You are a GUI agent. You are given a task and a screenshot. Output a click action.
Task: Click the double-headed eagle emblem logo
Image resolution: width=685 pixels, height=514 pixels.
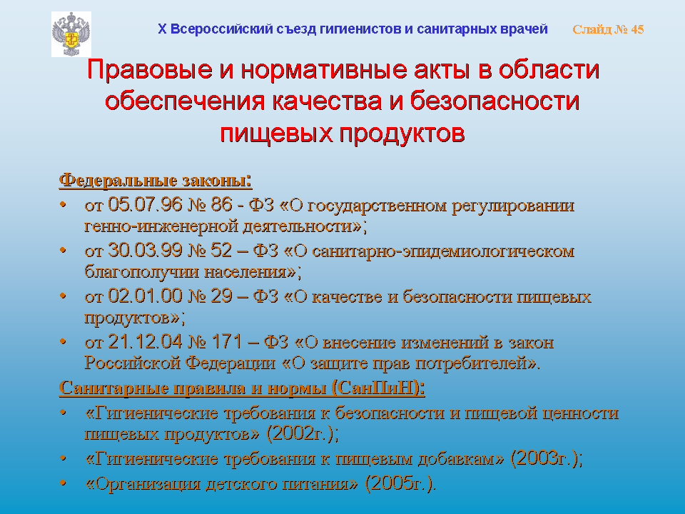(71, 34)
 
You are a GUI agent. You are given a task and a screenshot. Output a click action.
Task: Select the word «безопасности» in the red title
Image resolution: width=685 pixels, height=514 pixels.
(495, 101)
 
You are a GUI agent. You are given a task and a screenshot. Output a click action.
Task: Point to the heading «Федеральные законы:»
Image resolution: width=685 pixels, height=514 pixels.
(156, 180)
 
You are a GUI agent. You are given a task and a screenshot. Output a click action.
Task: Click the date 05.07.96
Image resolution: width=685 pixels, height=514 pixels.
(145, 205)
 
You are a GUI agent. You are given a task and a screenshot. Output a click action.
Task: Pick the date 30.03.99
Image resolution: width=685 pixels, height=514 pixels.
(145, 251)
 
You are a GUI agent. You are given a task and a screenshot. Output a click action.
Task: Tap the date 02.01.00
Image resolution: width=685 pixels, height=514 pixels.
(145, 296)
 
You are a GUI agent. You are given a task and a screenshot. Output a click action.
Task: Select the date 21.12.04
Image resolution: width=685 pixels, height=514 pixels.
(145, 341)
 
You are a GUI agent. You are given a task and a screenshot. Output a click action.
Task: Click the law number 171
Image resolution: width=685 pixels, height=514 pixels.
(227, 341)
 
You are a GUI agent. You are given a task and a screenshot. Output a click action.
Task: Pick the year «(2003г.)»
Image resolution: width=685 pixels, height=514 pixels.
(547, 458)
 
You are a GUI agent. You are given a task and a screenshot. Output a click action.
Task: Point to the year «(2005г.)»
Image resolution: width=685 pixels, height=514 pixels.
(400, 483)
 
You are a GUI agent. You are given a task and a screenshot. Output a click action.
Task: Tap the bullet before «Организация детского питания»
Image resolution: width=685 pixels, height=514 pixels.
(64, 483)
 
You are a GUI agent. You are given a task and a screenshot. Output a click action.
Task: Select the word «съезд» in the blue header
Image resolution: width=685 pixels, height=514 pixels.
(295, 29)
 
